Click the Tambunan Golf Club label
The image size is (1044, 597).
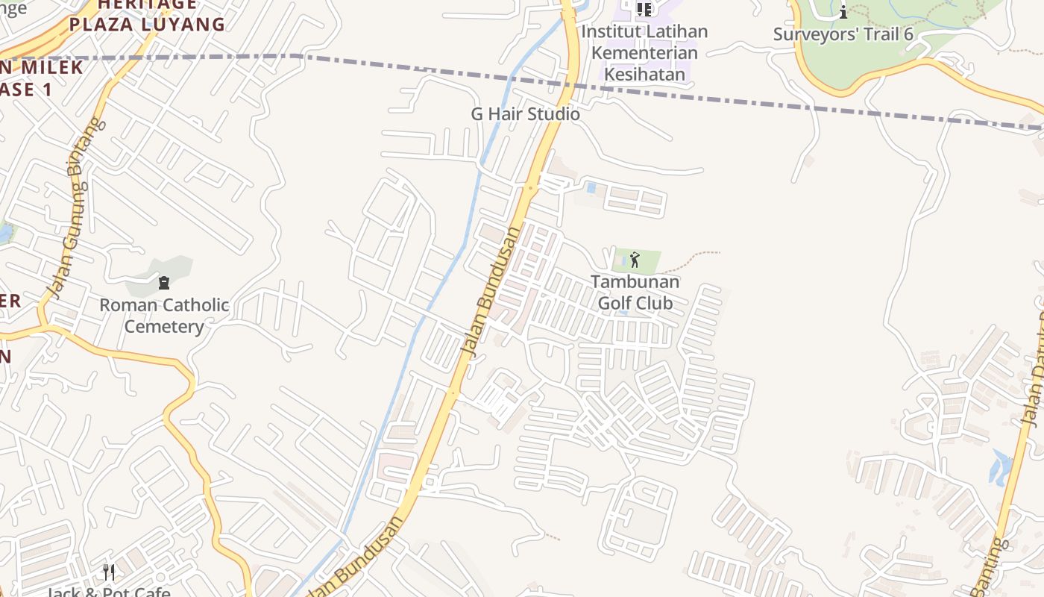point(635,293)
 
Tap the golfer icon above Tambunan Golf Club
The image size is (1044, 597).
point(635,260)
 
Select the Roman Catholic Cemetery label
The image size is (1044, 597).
point(164,316)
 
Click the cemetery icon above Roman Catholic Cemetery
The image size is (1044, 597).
point(164,283)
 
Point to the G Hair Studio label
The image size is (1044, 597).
point(525,114)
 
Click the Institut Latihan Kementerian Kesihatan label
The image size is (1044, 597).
point(644,53)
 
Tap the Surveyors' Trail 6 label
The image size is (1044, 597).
point(844,34)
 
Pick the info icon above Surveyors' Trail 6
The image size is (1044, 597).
point(843,12)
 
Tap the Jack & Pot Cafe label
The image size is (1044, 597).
point(109,593)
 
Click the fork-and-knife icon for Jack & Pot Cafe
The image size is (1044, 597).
point(109,572)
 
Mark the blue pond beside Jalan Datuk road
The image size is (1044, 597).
point(1000,466)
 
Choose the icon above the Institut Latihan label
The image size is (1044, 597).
point(644,10)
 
